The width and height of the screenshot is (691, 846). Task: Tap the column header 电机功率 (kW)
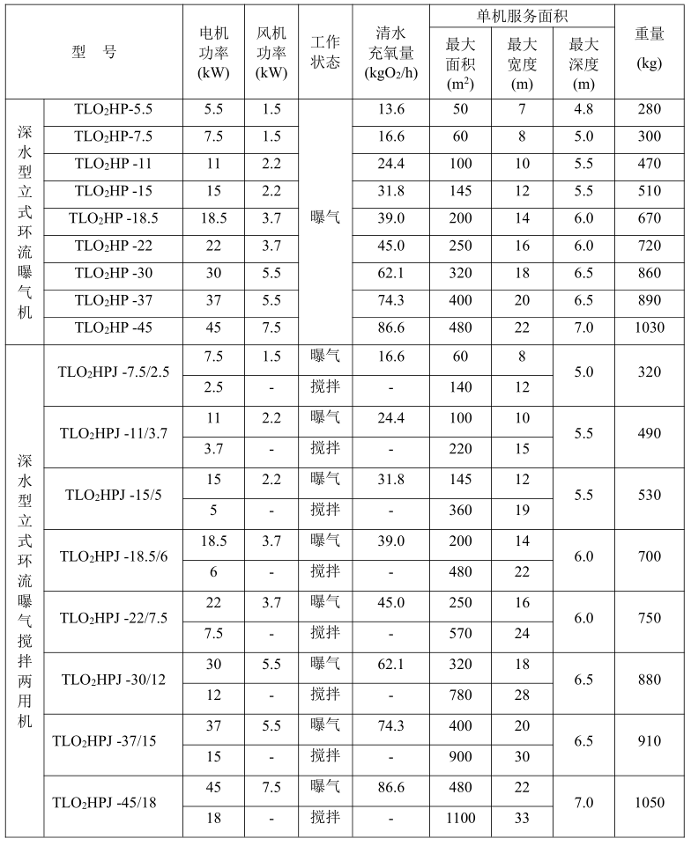214,52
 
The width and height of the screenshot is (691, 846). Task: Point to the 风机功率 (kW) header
271,52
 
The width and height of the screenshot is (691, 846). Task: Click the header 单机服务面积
522,15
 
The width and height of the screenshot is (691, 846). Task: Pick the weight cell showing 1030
650,327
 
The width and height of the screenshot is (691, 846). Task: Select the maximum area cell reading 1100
460,818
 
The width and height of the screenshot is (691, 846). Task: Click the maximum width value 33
522,818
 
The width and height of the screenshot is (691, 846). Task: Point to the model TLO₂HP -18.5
114,219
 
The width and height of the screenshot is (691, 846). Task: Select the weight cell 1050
650,802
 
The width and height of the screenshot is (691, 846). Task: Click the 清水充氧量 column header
390,52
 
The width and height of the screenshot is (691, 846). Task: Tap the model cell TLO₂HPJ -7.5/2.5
112,372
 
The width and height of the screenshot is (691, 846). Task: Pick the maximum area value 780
460,695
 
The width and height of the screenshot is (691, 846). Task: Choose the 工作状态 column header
325,52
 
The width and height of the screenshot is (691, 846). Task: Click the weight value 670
650,219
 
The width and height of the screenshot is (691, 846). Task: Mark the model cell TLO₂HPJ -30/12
112,679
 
